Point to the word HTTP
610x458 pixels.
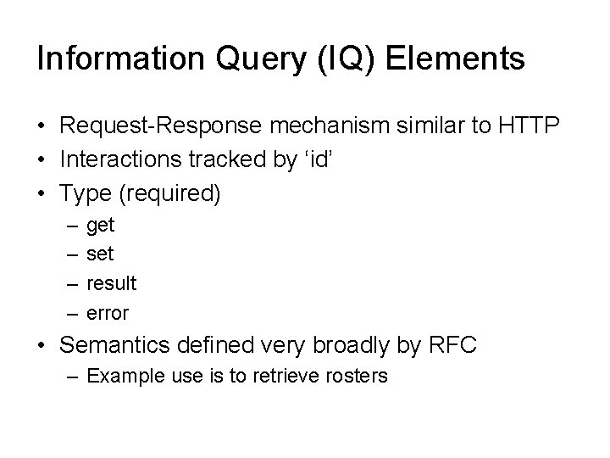pos(529,126)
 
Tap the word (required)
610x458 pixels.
pos(169,193)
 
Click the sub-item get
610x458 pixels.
pos(101,226)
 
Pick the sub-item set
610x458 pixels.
pos(101,254)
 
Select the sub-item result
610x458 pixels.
pos(112,282)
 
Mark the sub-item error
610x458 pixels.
pos(108,312)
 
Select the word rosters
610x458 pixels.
pos(354,375)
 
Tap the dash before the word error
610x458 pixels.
pos(68,312)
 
